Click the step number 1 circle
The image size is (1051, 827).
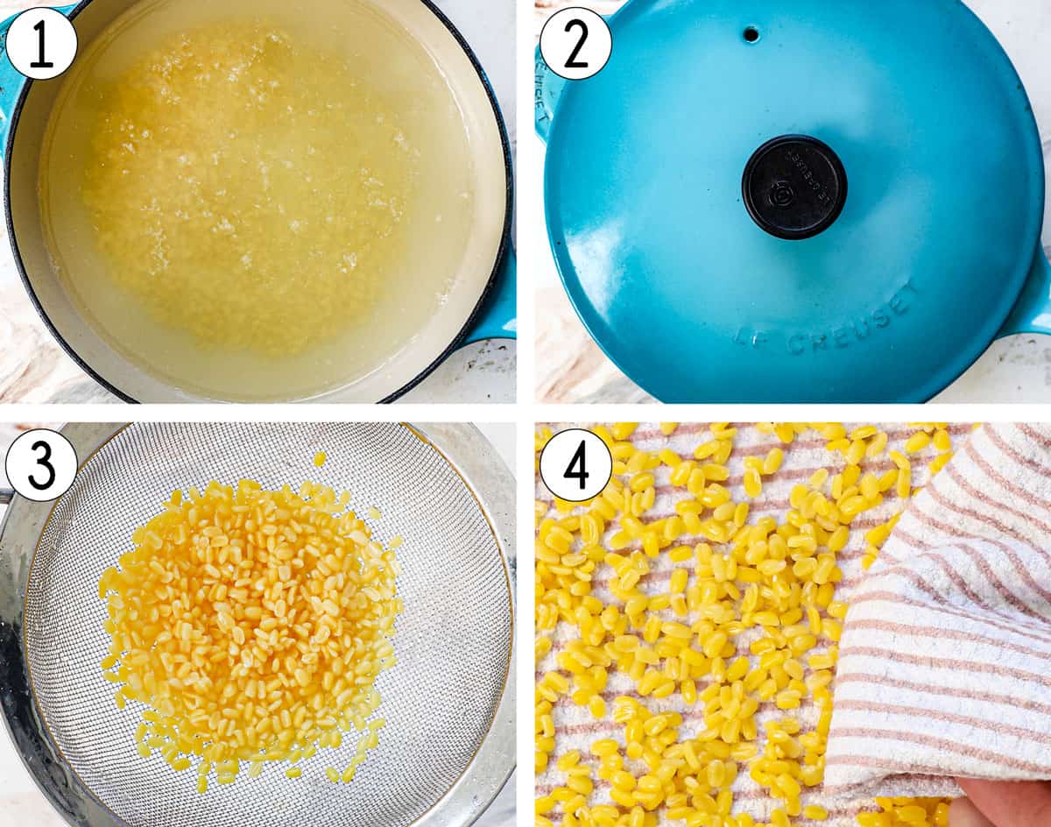[41, 43]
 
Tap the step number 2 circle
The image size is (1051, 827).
[575, 43]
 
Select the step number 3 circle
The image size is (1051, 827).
[41, 465]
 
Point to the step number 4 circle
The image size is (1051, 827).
[575, 465]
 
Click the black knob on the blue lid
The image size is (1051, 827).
[794, 187]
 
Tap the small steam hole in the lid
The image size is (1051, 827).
[751, 34]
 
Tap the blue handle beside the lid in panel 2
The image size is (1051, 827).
[1033, 298]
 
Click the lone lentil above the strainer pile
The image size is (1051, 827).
[320, 458]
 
